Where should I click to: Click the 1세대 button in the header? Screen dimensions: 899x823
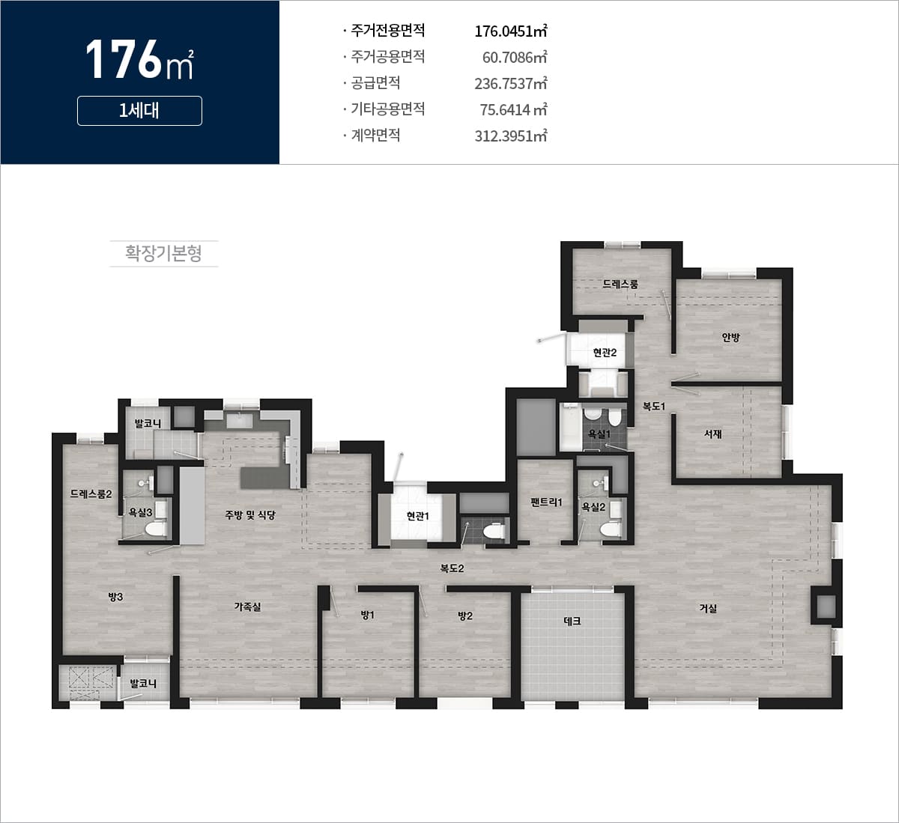coord(139,111)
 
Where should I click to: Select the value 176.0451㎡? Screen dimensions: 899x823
coord(511,31)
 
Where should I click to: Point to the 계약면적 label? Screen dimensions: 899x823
coord(375,135)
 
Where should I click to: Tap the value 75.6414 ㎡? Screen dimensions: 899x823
coord(514,109)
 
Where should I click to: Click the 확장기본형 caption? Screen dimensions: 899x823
coord(163,253)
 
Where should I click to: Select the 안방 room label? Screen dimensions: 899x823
coord(730,337)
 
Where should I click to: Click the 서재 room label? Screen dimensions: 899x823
coord(713,434)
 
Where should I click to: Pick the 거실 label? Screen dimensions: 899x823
coord(708,608)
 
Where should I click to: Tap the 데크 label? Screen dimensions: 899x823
coord(572,621)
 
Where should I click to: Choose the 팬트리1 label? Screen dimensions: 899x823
coord(546,502)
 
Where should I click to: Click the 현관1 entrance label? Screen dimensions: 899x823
coord(418,516)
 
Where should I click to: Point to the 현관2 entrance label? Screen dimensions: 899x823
coord(605,353)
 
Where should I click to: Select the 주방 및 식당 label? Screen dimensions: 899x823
coord(250,515)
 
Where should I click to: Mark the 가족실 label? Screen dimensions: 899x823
coord(247,607)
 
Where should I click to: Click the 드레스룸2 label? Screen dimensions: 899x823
coord(91,494)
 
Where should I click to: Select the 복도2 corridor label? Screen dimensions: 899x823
coord(452,568)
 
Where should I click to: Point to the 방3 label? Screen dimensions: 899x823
coord(115,597)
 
